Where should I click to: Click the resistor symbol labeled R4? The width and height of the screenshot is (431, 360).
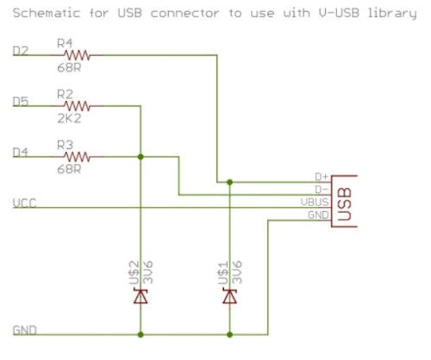(x=77, y=54)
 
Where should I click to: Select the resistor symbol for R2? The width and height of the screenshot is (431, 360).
(x=77, y=106)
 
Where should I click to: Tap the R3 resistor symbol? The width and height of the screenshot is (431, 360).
(x=77, y=156)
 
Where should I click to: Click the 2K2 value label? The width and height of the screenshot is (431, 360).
(x=69, y=118)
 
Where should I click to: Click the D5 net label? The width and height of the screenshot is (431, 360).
(x=20, y=102)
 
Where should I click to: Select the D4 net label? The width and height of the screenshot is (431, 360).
(x=20, y=152)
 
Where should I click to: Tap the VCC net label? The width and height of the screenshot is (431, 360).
(x=25, y=203)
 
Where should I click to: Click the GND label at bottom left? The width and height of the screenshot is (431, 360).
(x=25, y=330)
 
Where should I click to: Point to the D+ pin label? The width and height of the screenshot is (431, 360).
(x=321, y=177)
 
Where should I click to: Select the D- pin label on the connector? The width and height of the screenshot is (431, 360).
(x=321, y=189)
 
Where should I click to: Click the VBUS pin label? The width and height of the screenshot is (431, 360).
(x=314, y=202)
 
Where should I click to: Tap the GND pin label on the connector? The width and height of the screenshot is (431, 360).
(x=317, y=215)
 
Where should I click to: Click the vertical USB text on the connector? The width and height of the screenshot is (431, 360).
(x=346, y=201)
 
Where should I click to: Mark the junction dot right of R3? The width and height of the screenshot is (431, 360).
(x=141, y=157)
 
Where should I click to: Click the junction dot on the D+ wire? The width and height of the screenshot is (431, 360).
(x=230, y=182)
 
